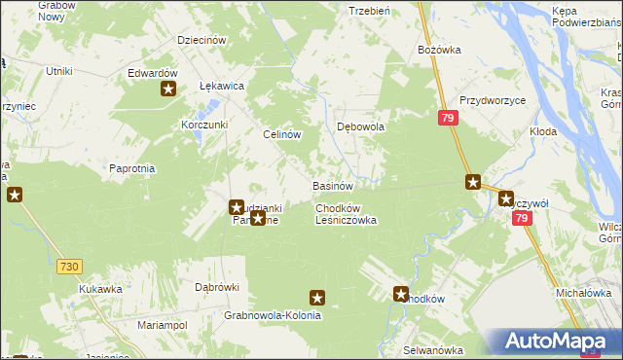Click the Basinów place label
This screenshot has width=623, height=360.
[331, 185]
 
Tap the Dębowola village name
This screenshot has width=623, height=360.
[361, 126]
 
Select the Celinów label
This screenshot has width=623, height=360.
[281, 135]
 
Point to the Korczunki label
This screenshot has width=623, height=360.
[204, 125]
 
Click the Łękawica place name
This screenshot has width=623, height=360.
[221, 86]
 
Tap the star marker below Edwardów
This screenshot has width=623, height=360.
[168, 90]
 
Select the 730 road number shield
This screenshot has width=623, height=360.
[68, 266]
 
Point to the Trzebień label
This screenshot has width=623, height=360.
[369, 10]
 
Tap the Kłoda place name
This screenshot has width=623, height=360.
[543, 130]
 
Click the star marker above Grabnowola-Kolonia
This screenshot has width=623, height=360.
[316, 298]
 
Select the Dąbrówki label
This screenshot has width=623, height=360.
[217, 287]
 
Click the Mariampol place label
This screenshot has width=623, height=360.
[162, 324]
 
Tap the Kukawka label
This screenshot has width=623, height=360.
[101, 289]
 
